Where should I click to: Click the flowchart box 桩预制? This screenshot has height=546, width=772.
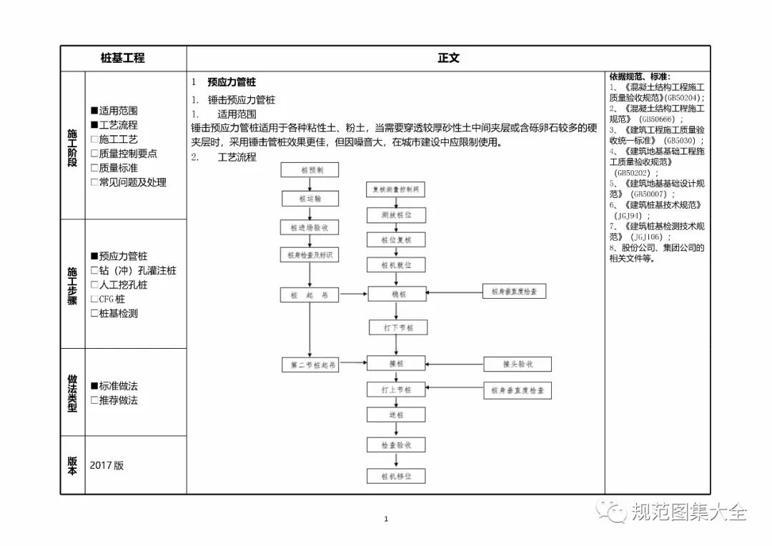tap(310, 170)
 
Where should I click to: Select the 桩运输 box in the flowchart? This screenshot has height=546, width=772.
tap(310, 199)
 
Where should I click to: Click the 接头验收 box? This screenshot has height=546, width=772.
tap(518, 364)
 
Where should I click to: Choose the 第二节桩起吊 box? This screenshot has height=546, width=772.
tap(310, 364)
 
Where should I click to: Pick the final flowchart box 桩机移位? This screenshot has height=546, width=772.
tap(397, 476)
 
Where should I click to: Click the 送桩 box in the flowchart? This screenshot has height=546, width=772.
tap(396, 415)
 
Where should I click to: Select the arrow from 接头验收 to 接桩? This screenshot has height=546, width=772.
tap(455, 364)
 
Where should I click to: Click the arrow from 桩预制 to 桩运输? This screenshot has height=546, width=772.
tap(310, 184)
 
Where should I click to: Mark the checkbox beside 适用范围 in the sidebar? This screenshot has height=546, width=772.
tap(94, 111)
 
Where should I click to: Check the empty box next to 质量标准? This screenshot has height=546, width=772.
tap(94, 168)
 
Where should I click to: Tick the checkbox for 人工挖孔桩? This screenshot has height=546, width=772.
tap(94, 284)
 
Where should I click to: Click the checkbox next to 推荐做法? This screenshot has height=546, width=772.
tap(94, 400)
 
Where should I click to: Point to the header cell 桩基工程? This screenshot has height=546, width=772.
tap(123, 59)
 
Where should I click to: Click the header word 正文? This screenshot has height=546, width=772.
tap(448, 59)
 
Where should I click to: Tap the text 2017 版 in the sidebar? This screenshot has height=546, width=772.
tap(107, 465)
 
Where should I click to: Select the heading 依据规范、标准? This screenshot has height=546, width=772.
tap(639, 76)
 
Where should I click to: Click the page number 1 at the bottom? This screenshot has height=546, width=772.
tap(385, 519)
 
